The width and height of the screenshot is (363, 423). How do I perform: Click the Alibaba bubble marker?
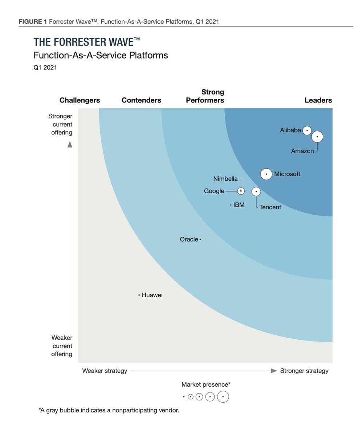coord(307,130)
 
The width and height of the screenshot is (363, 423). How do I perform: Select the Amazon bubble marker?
coord(317,137)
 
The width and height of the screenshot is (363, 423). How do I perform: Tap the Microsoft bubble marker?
coord(266,174)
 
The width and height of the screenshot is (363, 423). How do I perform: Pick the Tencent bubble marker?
coord(256,191)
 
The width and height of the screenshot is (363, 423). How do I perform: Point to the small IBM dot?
coord(231,205)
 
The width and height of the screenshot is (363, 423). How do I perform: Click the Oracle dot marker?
coord(200,239)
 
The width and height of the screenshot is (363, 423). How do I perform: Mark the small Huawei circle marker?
coord(139,295)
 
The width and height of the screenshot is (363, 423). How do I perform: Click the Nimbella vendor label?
coord(225,179)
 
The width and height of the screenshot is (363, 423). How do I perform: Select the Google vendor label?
coord(214,191)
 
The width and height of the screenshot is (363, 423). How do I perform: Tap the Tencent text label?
coord(270,208)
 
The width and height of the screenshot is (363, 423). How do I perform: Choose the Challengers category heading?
coord(79,100)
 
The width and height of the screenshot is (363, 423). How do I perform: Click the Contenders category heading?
coord(141,100)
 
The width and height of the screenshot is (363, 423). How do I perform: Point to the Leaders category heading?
coord(318,100)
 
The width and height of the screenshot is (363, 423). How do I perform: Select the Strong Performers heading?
coord(205,96)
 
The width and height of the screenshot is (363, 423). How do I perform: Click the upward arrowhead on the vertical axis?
coord(70,144)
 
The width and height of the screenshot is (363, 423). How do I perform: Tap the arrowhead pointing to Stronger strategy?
coord(274,371)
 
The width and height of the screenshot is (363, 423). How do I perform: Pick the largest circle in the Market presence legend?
coord(223,397)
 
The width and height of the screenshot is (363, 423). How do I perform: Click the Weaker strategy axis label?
coord(105,371)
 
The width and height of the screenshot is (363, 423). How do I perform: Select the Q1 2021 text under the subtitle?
coord(45,68)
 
